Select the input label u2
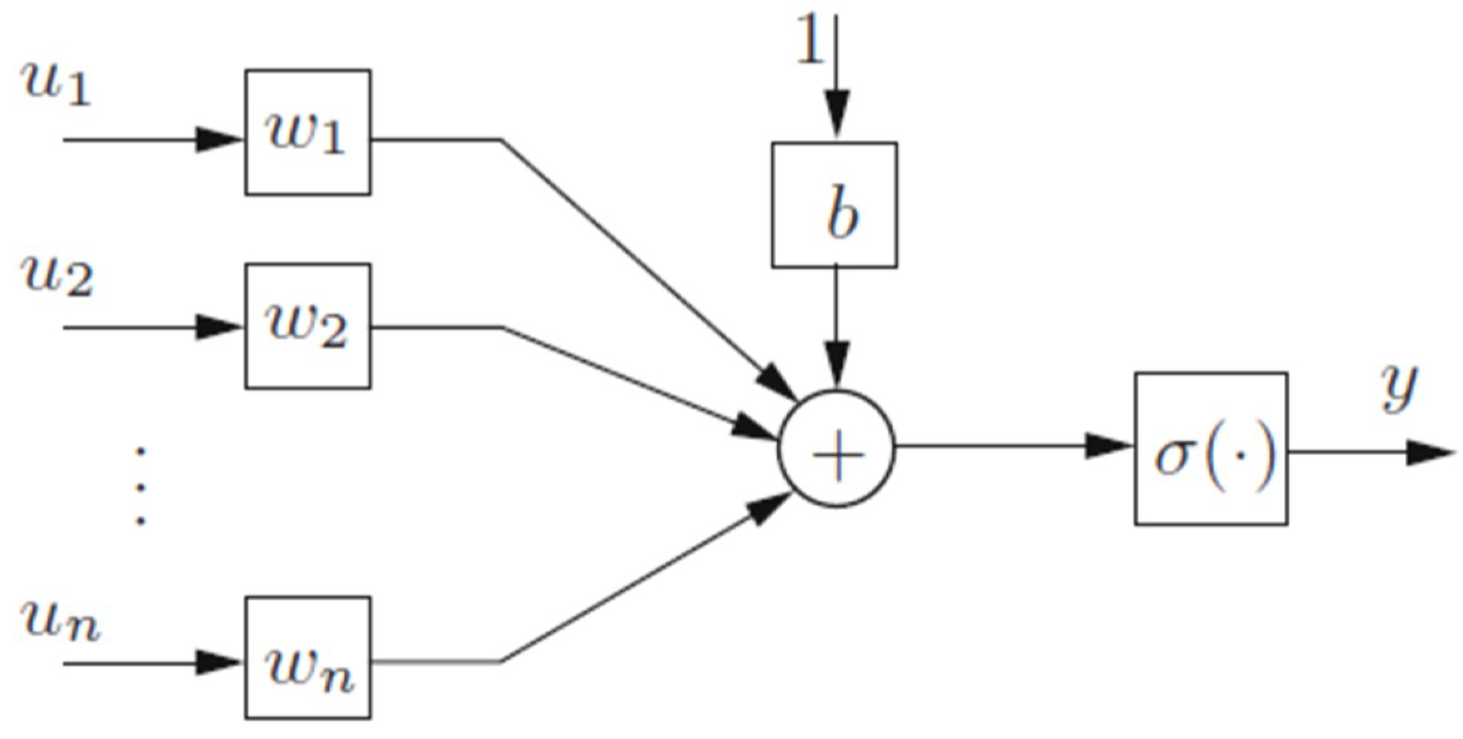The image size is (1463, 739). pyautogui.click(x=57, y=277)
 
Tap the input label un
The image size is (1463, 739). pyautogui.click(x=60, y=622)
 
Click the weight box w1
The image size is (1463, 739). pyautogui.click(x=308, y=132)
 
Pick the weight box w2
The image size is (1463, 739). pyautogui.click(x=308, y=326)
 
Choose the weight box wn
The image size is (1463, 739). pyautogui.click(x=308, y=658)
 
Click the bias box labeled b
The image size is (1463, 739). pyautogui.click(x=834, y=205)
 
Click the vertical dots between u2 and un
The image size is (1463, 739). pyautogui.click(x=141, y=485)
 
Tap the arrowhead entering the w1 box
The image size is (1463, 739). pyautogui.click(x=218, y=140)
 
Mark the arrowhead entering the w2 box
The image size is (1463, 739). pyautogui.click(x=218, y=327)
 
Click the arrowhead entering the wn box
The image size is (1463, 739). pyautogui.click(x=218, y=663)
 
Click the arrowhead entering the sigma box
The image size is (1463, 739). pyautogui.click(x=1108, y=446)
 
